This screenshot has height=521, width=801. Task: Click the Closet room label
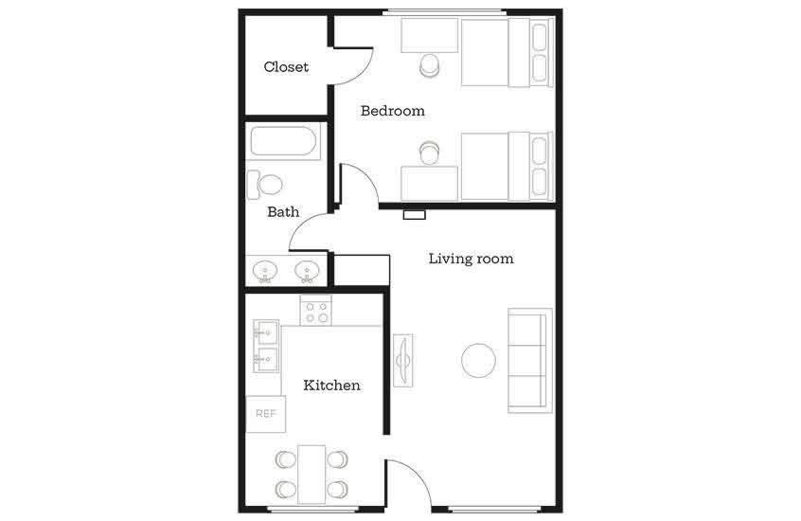tap(286, 67)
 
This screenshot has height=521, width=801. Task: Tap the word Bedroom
tap(392, 111)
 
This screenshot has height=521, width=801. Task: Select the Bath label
tap(283, 211)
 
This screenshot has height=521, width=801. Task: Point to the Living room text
tap(471, 259)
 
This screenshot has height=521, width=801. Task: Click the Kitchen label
tap(331, 386)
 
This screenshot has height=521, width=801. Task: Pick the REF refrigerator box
tap(266, 414)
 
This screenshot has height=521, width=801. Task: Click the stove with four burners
tap(315, 311)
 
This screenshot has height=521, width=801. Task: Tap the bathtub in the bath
tap(283, 141)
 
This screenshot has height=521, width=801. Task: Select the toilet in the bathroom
tap(264, 185)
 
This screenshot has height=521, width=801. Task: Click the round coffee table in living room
tap(478, 360)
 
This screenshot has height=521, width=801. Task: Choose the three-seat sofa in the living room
tap(530, 361)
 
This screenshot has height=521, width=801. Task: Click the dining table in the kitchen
tap(311, 475)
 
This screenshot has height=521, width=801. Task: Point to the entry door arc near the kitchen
tap(417, 473)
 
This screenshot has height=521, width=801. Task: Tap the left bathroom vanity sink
tap(264, 271)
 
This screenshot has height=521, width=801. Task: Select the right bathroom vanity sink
tap(307, 271)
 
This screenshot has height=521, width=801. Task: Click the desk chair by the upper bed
tap(430, 65)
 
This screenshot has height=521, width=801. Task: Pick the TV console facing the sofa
tap(403, 360)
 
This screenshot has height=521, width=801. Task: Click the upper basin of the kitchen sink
tap(266, 332)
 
